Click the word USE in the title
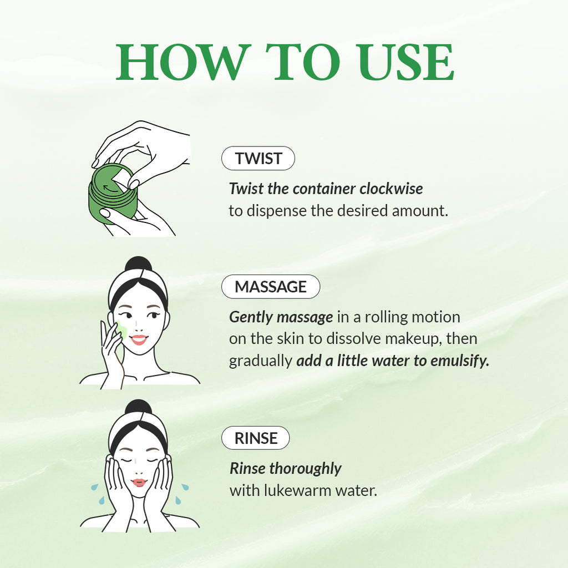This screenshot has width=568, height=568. [x=405, y=62]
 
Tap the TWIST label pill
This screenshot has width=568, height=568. [x=258, y=159]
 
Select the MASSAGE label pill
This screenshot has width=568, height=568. [x=271, y=287]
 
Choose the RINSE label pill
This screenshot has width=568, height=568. [x=256, y=438]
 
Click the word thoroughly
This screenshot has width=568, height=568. [x=305, y=469]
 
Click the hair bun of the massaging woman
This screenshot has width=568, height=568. [x=138, y=265]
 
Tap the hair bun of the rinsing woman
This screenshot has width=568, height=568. [x=138, y=408]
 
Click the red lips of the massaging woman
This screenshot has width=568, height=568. [x=139, y=338]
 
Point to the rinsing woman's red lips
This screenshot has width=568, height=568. [x=139, y=482]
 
